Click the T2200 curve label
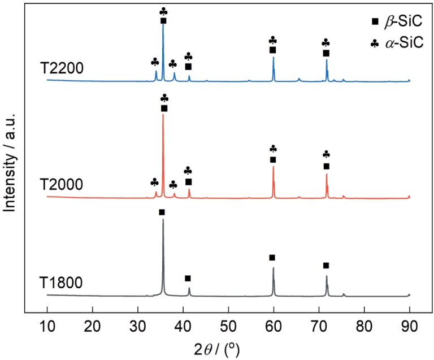[62, 69]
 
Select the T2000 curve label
[62, 185]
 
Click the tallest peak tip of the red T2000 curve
[163, 115]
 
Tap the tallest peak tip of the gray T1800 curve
[163, 219]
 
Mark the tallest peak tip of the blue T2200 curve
[163, 25]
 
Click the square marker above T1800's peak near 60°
[272, 258]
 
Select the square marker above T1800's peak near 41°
[188, 278]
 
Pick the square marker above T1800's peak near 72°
[326, 266]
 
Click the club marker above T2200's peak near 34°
[155, 61]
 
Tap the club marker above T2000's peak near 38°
[173, 185]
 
